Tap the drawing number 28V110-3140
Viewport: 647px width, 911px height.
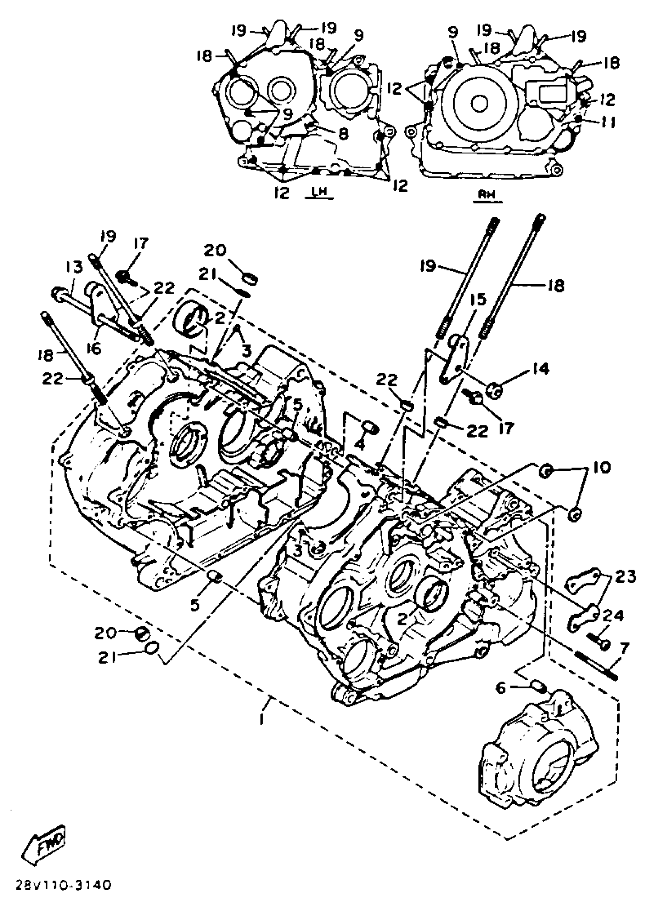pos(63,886)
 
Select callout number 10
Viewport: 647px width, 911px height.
pos(602,467)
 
